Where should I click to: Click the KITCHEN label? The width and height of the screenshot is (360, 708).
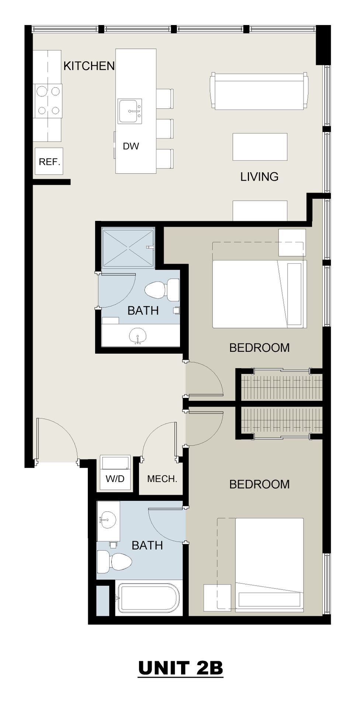(89, 66)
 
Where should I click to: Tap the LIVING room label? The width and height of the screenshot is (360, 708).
(259, 177)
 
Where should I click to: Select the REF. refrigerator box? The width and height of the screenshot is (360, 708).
(49, 162)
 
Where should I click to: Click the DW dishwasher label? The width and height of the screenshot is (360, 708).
(131, 146)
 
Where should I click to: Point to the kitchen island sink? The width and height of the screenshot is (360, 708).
(130, 111)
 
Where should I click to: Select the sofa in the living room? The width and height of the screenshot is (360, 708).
(259, 91)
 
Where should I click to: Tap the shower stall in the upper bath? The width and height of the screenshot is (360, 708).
(128, 247)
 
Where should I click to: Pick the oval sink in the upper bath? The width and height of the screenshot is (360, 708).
(138, 336)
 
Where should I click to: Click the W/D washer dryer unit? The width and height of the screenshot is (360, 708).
(115, 473)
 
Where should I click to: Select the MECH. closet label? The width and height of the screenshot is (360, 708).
(162, 479)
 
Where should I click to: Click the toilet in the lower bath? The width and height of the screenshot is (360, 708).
(114, 562)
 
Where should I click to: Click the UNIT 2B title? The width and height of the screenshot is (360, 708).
(181, 668)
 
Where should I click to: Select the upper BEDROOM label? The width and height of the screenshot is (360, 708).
(259, 348)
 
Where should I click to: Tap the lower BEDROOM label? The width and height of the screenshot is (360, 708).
(259, 484)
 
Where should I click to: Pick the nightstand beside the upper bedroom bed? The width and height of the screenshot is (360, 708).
(292, 242)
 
